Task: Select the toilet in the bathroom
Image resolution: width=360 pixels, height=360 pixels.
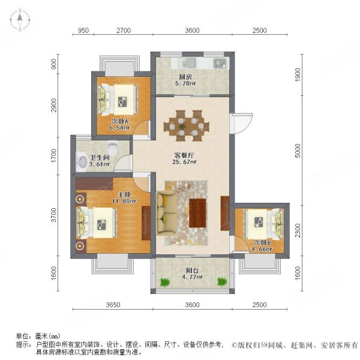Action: pos(82,160)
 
